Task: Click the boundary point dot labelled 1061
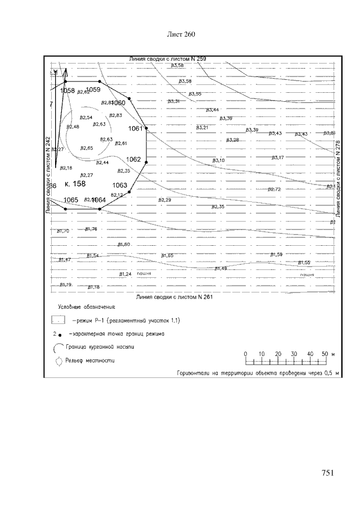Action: tap(147, 128)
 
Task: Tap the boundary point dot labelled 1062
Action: tap(146, 163)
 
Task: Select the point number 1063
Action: tap(120, 185)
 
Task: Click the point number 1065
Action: tap(71, 200)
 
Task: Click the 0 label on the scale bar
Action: tap(246, 354)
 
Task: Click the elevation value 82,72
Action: tap(274, 189)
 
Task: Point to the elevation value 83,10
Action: tap(218, 160)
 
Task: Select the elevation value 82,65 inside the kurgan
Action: tap(86, 148)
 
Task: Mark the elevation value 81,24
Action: tap(125, 274)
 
